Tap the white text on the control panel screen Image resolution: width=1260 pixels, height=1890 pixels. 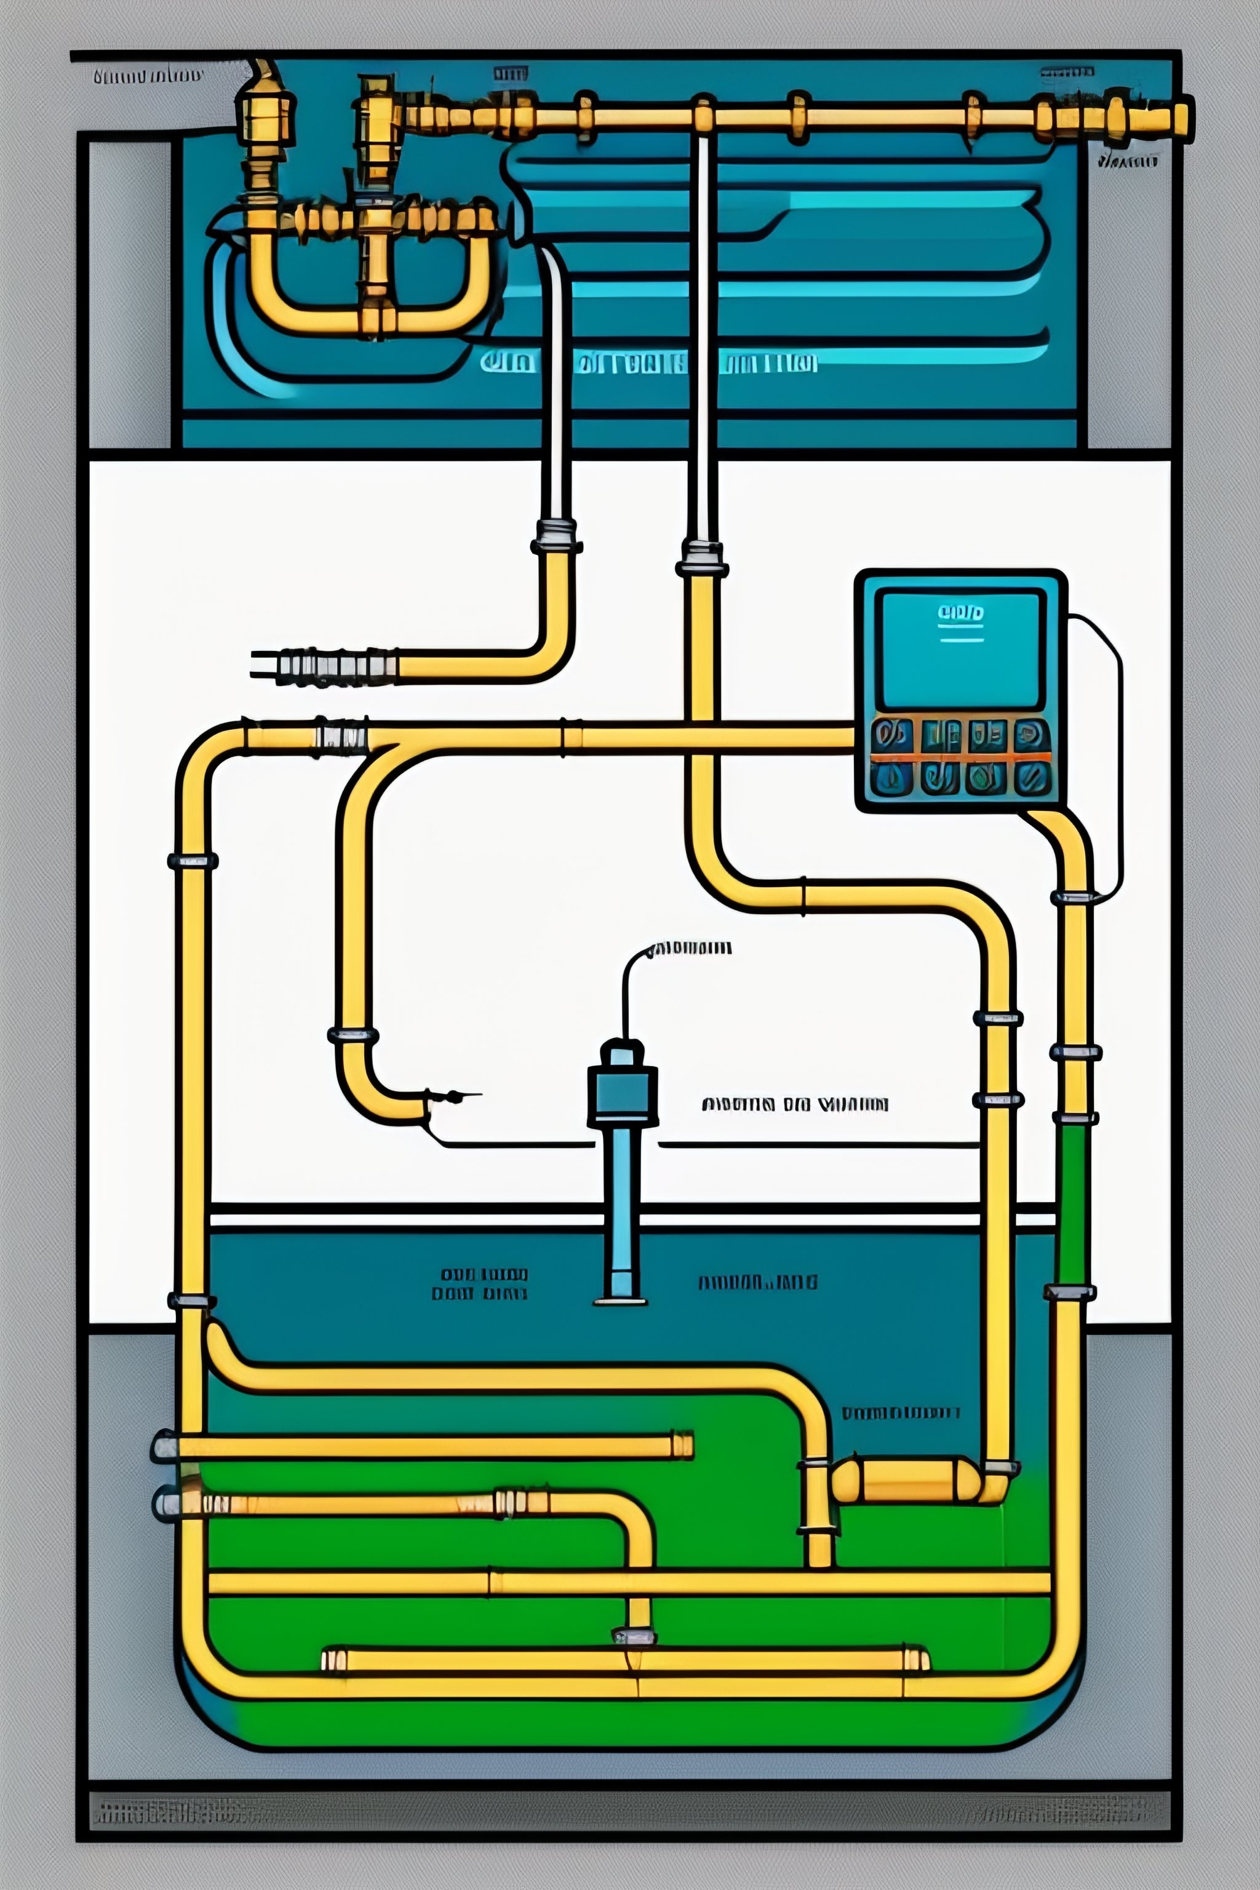pyautogui.click(x=960, y=614)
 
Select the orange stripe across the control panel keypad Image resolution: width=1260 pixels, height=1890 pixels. pyautogui.click(x=961, y=757)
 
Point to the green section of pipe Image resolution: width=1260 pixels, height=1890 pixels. pyautogui.click(x=1074, y=1205)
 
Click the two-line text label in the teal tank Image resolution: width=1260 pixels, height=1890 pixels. pyautogui.click(x=480, y=1284)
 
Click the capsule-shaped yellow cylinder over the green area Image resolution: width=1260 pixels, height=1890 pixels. pyautogui.click(x=906, y=1480)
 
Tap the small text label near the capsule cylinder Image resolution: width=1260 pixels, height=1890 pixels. pyautogui.click(x=900, y=1413)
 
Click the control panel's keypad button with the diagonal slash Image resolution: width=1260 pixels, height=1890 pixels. pyautogui.click(x=1032, y=778)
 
